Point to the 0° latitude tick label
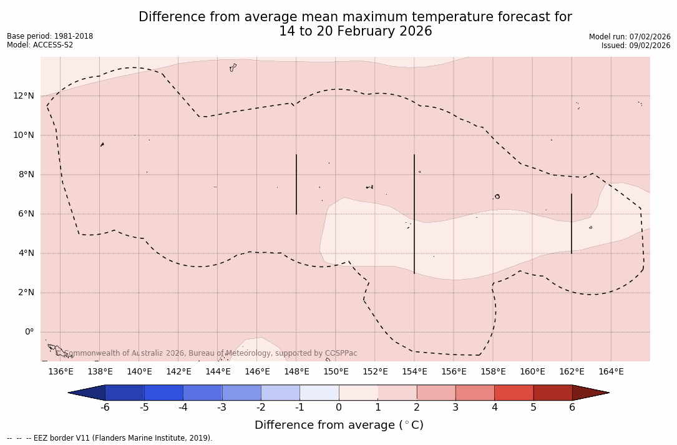[29, 332]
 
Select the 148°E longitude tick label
[296, 372]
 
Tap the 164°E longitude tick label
[611, 372]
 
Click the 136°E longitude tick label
[61, 372]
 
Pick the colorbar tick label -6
[105, 408]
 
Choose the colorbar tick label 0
[339, 408]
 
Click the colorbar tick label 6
[572, 408]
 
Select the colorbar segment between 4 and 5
[514, 393]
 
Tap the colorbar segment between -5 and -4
[163, 393]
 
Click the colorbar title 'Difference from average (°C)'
[339, 425]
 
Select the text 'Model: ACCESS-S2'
[40, 45]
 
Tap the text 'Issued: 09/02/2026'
[636, 46]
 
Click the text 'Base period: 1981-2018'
[50, 36]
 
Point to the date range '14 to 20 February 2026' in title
[355, 31]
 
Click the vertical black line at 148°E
[296, 184]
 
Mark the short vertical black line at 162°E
[572, 223]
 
